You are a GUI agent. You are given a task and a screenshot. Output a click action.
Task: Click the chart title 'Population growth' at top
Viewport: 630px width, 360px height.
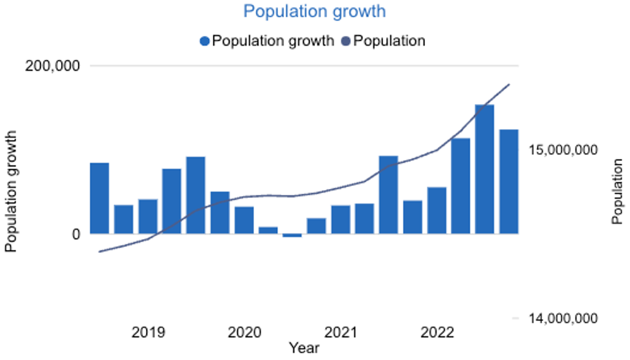315,12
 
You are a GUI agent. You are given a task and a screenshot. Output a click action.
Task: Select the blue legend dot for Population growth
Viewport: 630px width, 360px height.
205,41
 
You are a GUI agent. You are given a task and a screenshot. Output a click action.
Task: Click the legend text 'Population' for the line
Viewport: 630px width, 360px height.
390,41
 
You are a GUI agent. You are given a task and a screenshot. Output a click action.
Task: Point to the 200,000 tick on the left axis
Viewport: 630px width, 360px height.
52,66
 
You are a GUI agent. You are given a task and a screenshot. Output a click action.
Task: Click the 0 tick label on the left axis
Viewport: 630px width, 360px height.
75,235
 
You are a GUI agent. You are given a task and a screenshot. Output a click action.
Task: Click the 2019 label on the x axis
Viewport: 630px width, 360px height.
148,333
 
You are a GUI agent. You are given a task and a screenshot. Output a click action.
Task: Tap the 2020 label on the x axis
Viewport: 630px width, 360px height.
244,333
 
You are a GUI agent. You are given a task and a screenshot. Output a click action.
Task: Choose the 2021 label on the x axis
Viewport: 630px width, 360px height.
341,333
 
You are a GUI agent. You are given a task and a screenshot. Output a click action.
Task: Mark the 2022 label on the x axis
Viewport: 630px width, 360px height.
437,333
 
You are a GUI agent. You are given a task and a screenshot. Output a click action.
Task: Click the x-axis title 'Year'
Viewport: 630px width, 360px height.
303,348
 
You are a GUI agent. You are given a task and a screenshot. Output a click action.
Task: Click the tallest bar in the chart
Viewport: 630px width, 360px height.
485,169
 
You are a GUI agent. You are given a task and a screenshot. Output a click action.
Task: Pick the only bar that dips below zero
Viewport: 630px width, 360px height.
292,235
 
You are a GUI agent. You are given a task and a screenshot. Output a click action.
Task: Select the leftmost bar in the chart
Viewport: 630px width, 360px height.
99,198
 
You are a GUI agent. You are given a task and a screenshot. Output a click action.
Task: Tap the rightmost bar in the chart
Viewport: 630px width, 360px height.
509,181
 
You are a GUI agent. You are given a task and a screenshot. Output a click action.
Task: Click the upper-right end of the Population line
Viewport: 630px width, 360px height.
509,84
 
